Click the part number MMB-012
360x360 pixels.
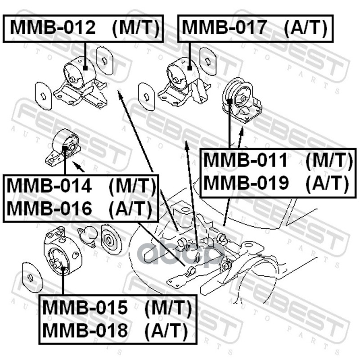point(53,28)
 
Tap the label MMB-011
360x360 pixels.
point(246,161)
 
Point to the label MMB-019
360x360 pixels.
point(246,183)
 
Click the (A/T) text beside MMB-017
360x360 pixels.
point(306,28)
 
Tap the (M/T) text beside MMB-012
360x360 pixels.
point(135,28)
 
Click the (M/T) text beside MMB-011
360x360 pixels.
point(328,161)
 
